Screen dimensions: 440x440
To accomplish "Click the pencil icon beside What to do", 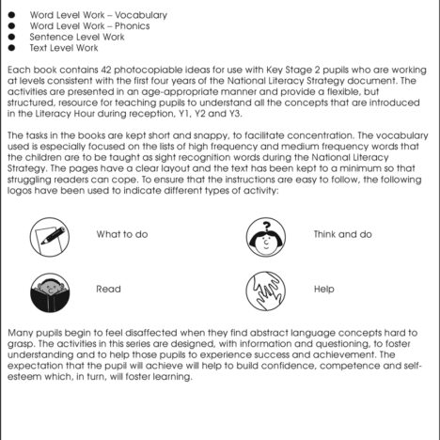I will point(47,234).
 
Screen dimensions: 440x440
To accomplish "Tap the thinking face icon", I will point(264,234).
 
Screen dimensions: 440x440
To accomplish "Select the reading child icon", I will point(47,290).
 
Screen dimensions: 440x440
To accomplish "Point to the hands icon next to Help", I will point(264,290).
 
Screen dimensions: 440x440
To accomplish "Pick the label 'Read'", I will point(108,290).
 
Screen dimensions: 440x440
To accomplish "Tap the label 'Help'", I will point(324,290).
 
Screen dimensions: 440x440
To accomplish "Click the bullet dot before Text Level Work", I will point(11,47).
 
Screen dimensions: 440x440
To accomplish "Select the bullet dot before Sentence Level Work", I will point(11,37).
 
